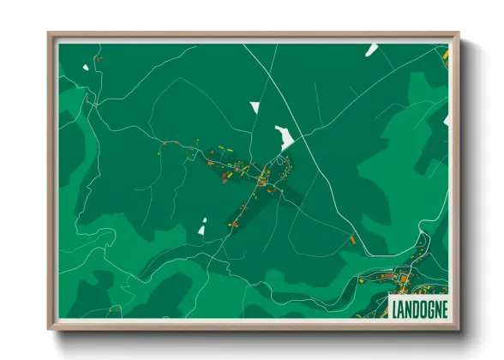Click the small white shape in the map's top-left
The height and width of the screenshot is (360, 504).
point(85,67)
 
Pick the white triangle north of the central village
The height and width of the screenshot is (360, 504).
point(255,107)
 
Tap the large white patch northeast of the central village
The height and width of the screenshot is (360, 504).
point(283,136)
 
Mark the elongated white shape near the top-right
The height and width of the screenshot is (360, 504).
point(371,50)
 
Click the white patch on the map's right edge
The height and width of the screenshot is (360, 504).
point(446,122)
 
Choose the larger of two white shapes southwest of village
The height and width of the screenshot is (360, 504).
point(202,229)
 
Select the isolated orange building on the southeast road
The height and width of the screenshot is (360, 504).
point(351,239)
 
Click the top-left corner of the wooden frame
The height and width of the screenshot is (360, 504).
point(50,35)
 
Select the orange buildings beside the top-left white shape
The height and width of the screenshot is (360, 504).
point(97,59)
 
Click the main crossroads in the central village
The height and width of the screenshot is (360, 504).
point(255,177)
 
